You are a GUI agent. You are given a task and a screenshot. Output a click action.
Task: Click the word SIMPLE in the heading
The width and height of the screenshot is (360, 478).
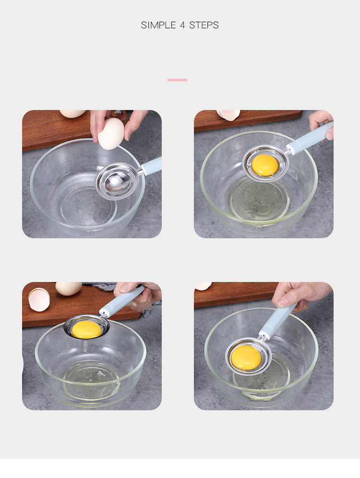pyautogui.click(x=158, y=25)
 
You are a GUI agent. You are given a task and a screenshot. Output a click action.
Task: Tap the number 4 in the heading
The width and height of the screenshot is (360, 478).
pyautogui.click(x=182, y=25)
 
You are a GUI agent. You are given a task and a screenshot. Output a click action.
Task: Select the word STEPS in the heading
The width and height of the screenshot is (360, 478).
pyautogui.click(x=204, y=25)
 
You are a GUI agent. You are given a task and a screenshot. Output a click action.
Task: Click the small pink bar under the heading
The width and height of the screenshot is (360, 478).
pyautogui.click(x=177, y=80)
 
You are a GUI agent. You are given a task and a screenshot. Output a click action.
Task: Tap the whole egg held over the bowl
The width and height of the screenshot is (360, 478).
pyautogui.click(x=111, y=134)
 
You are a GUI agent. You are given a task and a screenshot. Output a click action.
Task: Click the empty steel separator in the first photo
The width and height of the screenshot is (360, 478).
pyautogui.click(x=117, y=181)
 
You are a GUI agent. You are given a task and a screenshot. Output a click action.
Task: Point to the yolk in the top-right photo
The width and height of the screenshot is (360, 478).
pyautogui.click(x=265, y=165)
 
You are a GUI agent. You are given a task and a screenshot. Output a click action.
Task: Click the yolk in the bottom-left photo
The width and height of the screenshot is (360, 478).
pyautogui.click(x=86, y=329)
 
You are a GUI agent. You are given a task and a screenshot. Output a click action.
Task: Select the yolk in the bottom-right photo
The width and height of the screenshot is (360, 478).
pyautogui.click(x=246, y=357)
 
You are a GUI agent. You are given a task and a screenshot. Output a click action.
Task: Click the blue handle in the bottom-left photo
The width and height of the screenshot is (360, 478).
pyautogui.click(x=122, y=301)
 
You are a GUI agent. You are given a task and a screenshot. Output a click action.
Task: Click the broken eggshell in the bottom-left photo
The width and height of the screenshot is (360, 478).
pyautogui.click(x=39, y=299)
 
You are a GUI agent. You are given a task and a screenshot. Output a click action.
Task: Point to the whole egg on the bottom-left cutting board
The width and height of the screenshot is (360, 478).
pyautogui.click(x=69, y=288)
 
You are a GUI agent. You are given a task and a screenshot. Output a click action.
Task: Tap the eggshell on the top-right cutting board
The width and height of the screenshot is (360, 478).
pyautogui.click(x=228, y=115)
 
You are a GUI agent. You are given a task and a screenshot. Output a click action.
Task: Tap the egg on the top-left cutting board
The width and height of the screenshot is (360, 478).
pyautogui.click(x=73, y=114)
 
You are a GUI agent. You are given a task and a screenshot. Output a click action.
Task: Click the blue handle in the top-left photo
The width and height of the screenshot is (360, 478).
pyautogui.click(x=151, y=166)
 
